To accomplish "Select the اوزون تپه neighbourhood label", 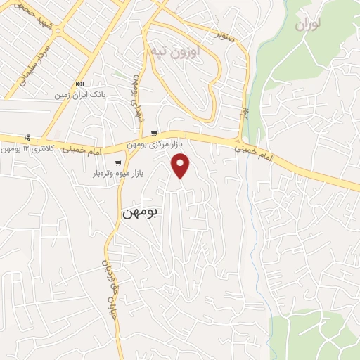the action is point(174,51).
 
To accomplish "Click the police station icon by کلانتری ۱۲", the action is point(27,138).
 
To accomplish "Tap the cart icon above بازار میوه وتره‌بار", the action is point(118,163).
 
